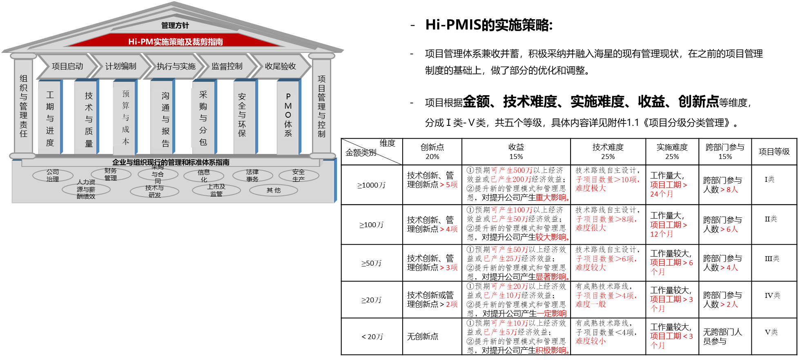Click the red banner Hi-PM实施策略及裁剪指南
click(x=175, y=41)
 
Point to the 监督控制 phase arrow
click(x=227, y=66)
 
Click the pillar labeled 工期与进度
click(x=50, y=118)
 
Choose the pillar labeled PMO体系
click(x=288, y=118)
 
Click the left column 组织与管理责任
click(x=24, y=105)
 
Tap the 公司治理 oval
click(x=53, y=175)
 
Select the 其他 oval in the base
click(x=274, y=190)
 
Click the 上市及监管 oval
click(x=216, y=190)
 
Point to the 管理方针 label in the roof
click(x=175, y=25)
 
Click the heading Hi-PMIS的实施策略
click(x=489, y=25)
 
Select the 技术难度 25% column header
click(x=608, y=152)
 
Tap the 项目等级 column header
click(x=774, y=152)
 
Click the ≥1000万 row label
click(x=371, y=185)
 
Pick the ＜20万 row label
click(x=372, y=337)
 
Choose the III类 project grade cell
click(x=772, y=259)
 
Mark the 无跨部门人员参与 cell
click(x=722, y=337)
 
